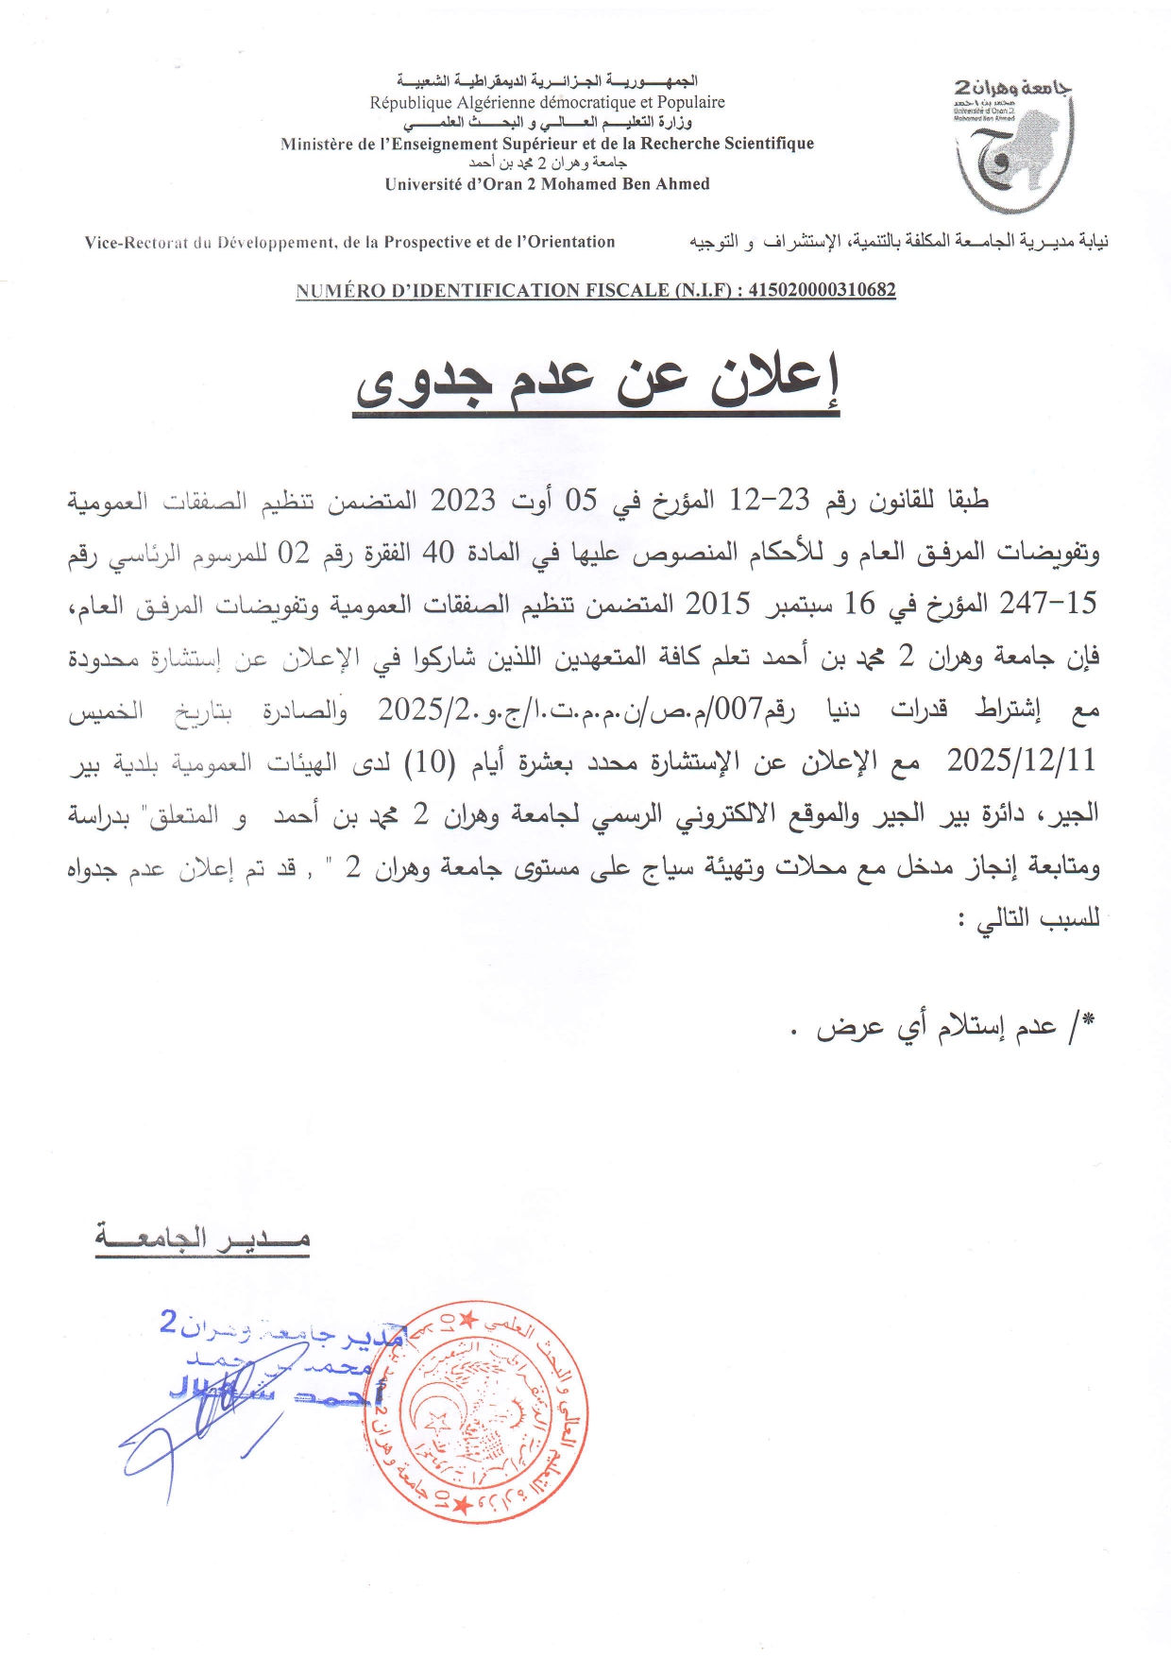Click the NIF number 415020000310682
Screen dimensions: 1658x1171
click(x=822, y=290)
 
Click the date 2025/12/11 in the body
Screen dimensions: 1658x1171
click(x=1021, y=761)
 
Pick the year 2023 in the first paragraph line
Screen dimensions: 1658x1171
click(x=463, y=501)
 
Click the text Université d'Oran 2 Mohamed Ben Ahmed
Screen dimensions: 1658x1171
click(x=547, y=184)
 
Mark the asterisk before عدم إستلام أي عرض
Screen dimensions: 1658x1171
click(x=1089, y=1019)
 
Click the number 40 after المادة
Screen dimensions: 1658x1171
click(x=438, y=553)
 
